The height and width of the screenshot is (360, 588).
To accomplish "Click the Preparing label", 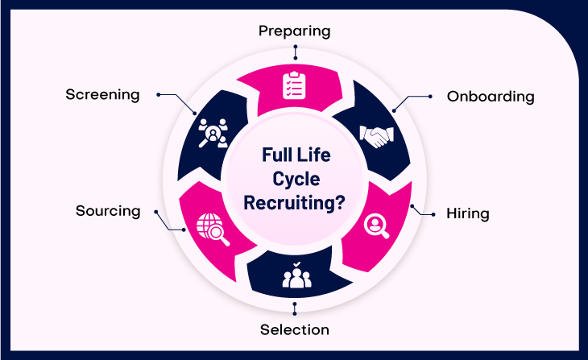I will click(x=294, y=31).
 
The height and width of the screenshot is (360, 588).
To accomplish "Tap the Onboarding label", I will click(x=491, y=97).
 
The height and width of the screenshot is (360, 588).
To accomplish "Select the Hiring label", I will click(x=468, y=214).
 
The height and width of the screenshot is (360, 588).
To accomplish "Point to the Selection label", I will click(x=294, y=329).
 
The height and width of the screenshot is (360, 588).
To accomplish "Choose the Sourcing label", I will click(x=108, y=211).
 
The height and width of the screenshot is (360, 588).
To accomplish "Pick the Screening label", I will click(x=102, y=94).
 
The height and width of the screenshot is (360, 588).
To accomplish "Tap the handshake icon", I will click(x=375, y=135).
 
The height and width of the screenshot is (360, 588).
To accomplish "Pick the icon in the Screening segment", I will click(x=213, y=132).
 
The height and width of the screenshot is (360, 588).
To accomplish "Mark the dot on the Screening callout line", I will click(x=159, y=94).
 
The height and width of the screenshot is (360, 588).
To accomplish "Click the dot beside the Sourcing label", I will click(x=159, y=211).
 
